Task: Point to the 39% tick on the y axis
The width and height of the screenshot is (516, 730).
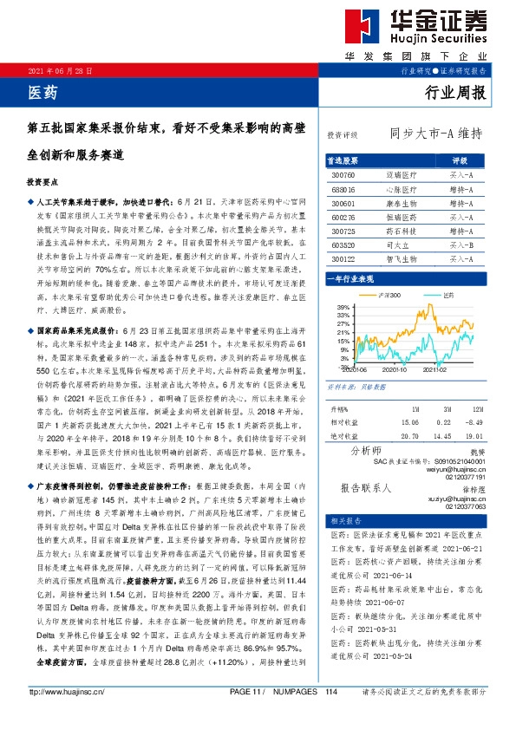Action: (343, 307)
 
